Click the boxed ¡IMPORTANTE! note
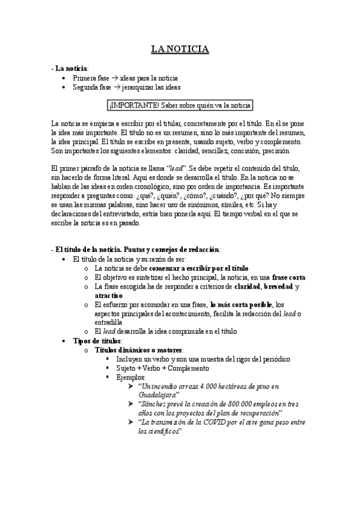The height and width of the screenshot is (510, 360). point(180,106)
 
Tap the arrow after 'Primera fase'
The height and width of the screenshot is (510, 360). point(114,78)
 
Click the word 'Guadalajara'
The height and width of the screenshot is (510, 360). point(157,395)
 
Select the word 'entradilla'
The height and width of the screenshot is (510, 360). point(108,322)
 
